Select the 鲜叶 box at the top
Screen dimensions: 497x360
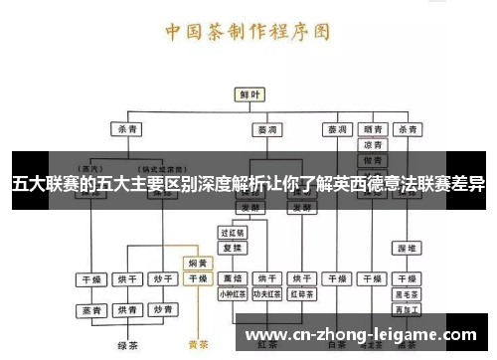tap(248, 95)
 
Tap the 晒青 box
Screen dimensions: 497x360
tap(374, 129)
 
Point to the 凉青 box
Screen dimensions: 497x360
tap(374, 145)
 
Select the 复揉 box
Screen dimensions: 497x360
tap(232, 248)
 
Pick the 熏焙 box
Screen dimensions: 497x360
tap(233, 279)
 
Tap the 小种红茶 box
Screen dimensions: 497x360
tap(233, 294)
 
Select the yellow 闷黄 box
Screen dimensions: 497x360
tap(198, 265)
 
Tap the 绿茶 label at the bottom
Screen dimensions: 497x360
tap(127, 346)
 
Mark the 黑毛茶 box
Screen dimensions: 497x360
tap(407, 295)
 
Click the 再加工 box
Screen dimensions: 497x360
tap(407, 311)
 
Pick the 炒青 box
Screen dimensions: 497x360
tap(161, 279)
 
